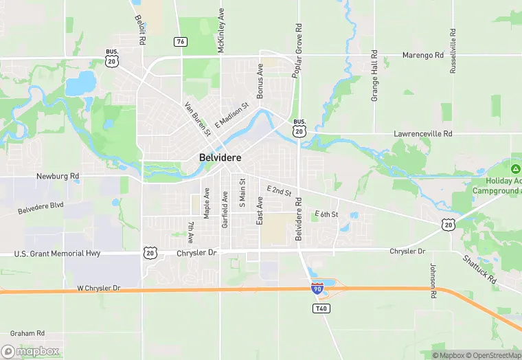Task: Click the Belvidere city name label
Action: [220, 157]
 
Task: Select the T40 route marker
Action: [321, 308]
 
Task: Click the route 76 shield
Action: [181, 42]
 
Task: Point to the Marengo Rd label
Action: [423, 55]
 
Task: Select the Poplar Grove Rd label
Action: [298, 51]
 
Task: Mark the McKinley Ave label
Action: [221, 31]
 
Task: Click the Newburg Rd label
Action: [58, 177]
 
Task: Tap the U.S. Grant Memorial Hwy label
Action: [58, 254]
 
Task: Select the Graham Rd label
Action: [28, 333]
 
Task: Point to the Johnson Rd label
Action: [433, 282]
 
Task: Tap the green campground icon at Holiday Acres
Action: [515, 168]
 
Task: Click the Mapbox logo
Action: [30, 350]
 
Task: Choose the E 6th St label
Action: [326, 215]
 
